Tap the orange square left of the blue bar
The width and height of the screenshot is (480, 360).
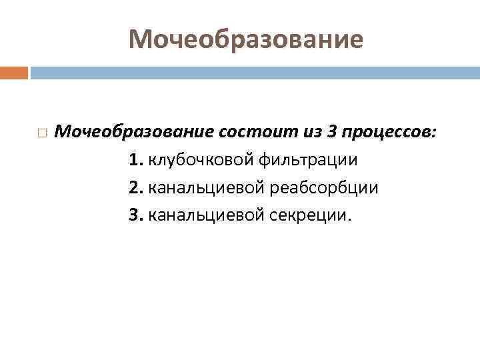[14, 72]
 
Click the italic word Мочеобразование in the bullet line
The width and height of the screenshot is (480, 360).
[134, 132]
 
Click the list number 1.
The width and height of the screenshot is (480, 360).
[136, 160]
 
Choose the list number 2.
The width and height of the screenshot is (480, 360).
[136, 188]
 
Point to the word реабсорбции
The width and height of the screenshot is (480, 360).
[324, 188]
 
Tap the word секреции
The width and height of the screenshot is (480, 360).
[307, 215]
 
